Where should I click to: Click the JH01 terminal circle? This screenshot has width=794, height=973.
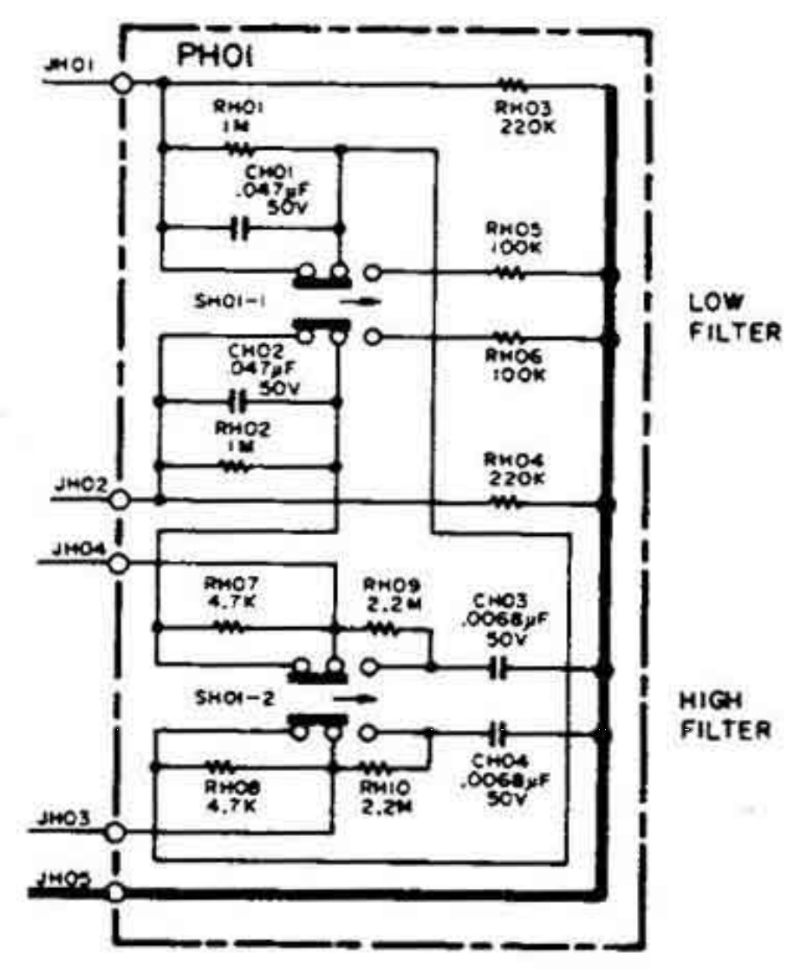point(122,82)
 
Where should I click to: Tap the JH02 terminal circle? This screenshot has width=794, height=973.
point(120,500)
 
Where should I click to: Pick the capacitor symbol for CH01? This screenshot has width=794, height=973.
point(242,229)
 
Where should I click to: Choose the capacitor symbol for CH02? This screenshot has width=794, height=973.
point(237,401)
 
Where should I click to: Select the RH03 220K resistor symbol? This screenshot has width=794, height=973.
point(511,85)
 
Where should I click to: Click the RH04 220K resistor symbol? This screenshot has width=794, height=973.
point(510,501)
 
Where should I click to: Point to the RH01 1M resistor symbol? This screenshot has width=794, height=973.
point(236,148)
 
